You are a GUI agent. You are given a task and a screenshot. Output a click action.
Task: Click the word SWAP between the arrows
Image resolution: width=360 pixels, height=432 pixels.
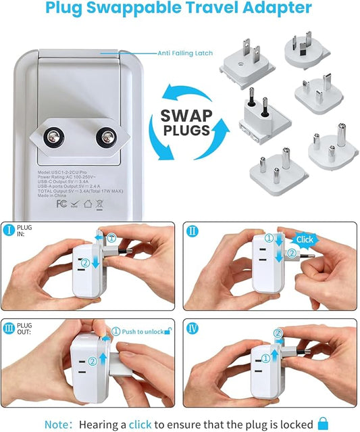pos(185,115)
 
